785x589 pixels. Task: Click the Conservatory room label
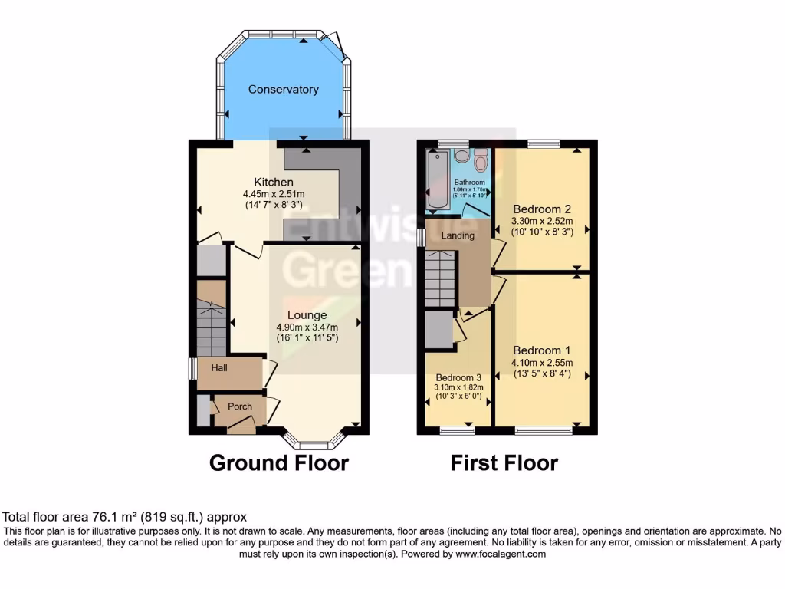click(283, 90)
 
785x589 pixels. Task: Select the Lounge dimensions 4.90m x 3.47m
click(307, 327)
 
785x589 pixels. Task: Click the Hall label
click(219, 368)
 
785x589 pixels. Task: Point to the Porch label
click(240, 406)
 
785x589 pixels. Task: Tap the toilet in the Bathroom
click(481, 160)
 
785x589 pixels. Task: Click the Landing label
click(458, 235)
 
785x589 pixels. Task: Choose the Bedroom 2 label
click(542, 209)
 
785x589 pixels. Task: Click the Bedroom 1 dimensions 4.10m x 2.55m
click(542, 364)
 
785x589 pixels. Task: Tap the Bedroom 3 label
click(458, 377)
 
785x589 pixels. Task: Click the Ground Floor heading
click(278, 463)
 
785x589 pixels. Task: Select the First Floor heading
click(504, 463)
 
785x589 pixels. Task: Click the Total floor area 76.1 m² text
click(125, 517)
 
